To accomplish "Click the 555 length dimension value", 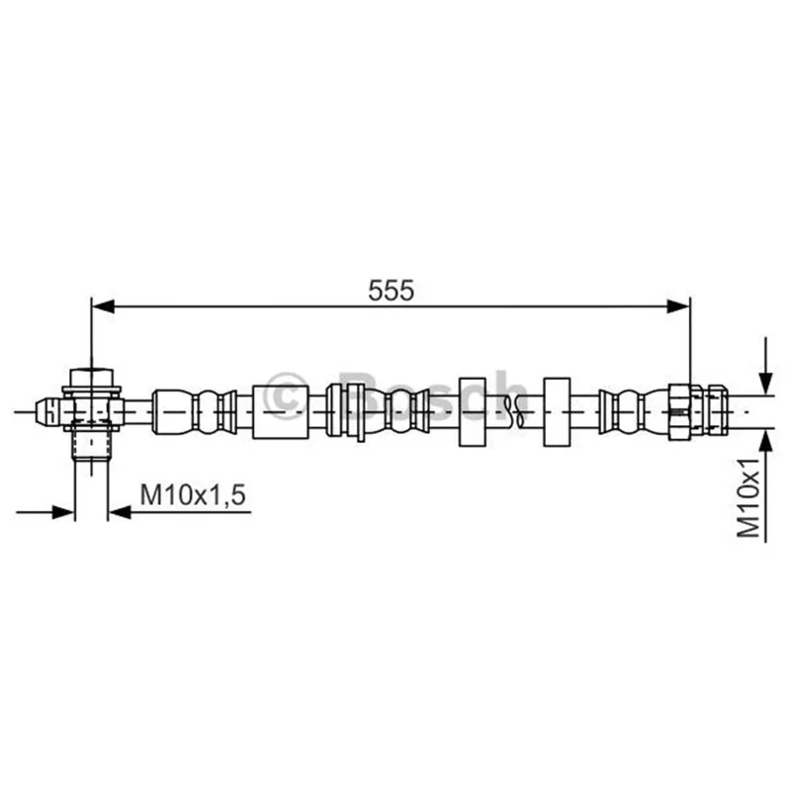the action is tap(391, 290).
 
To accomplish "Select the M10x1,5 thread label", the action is tap(193, 494).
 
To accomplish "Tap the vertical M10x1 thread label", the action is tap(748, 498).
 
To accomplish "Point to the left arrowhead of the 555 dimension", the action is tap(104, 306).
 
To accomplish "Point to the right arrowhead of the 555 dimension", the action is tap(678, 306).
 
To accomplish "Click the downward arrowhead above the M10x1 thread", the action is tap(765, 382).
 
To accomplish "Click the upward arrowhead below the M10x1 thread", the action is tap(765, 442).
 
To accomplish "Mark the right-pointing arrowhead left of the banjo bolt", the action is tap(63, 512).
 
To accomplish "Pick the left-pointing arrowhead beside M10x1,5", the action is tap(120, 512).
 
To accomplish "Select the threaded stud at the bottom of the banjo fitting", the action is tap(91, 445).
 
